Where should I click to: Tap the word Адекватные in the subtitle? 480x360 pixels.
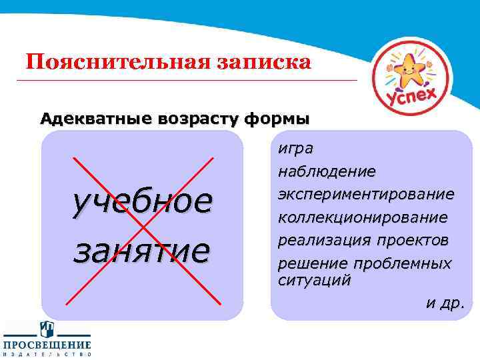[x=97, y=119]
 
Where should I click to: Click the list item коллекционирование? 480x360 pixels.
[x=363, y=217]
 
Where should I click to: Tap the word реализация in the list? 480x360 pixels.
[x=317, y=239]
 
